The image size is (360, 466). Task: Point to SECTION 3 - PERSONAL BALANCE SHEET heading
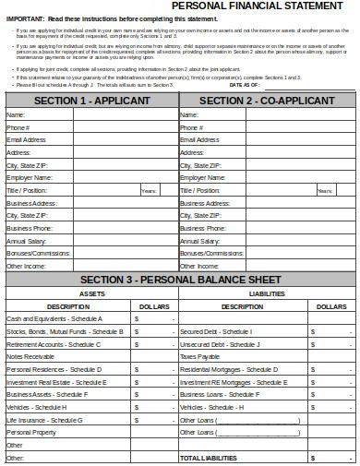pyautogui.click(x=181, y=280)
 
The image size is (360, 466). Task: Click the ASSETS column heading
pyautogui.click(x=91, y=293)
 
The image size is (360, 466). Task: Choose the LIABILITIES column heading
pyautogui.click(x=267, y=293)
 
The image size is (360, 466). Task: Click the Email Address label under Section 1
pyautogui.click(x=26, y=139)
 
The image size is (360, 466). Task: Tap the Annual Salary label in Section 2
pyautogui.click(x=199, y=239)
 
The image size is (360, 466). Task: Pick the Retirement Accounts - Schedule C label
pyautogui.click(x=54, y=343)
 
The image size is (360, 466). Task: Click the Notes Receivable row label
pyautogui.click(x=30, y=356)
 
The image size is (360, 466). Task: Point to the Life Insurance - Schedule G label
pyautogui.click(x=45, y=419)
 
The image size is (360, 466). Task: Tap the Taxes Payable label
pyautogui.click(x=200, y=356)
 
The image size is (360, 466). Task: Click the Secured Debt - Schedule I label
pyautogui.click(x=216, y=331)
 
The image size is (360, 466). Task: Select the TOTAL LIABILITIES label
pyautogui.click(x=209, y=457)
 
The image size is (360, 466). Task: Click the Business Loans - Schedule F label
pyautogui.click(x=218, y=394)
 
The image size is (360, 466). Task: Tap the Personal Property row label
pyautogui.click(x=32, y=432)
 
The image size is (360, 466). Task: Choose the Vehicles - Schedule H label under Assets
pyautogui.click(x=37, y=407)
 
